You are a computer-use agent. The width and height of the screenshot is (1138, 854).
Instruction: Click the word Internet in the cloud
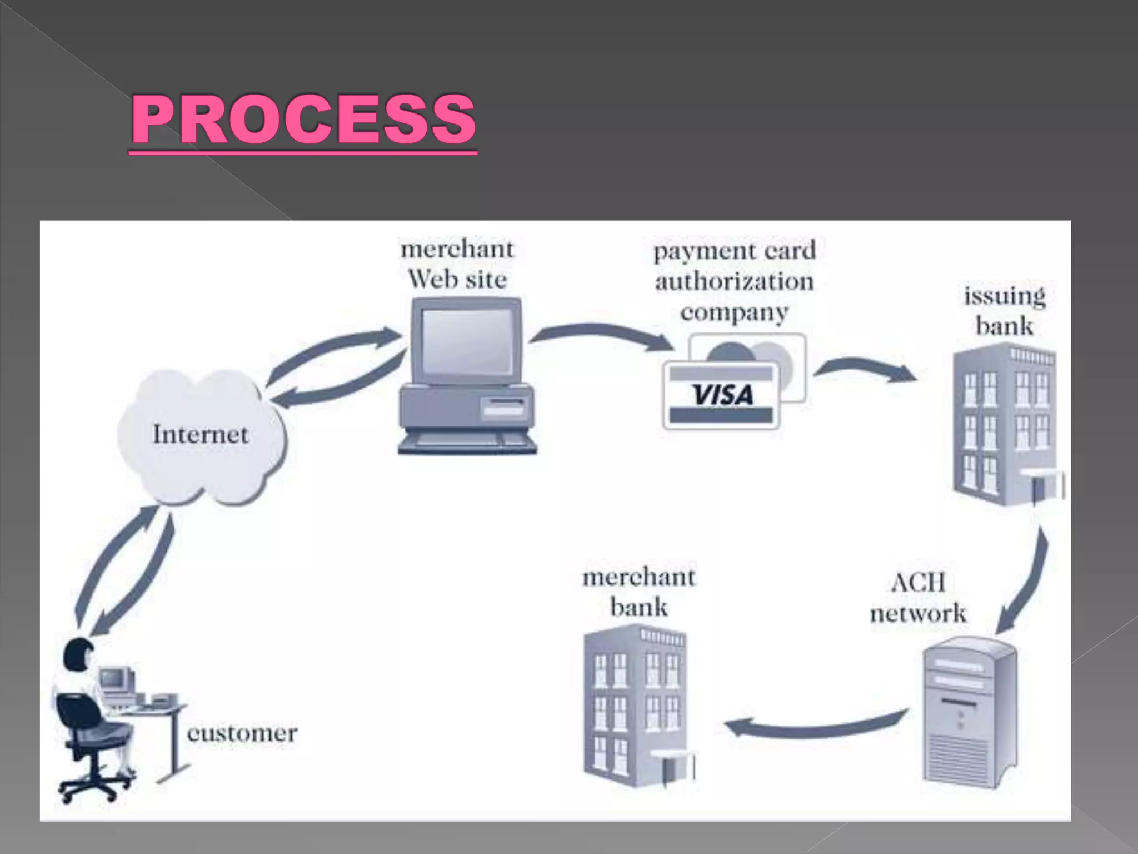pos(201,434)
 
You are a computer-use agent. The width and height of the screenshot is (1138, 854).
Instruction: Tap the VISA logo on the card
pos(722,395)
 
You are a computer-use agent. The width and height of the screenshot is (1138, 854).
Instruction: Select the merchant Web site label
pos(457,264)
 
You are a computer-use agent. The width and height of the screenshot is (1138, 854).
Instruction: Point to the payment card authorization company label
pos(734,281)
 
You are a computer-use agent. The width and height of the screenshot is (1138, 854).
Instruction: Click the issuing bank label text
pos(1005,311)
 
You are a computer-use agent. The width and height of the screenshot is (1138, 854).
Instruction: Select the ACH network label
pos(918,598)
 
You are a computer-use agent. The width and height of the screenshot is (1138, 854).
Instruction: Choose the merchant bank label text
pos(638,592)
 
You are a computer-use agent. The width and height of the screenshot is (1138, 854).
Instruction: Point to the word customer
pos(242,733)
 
